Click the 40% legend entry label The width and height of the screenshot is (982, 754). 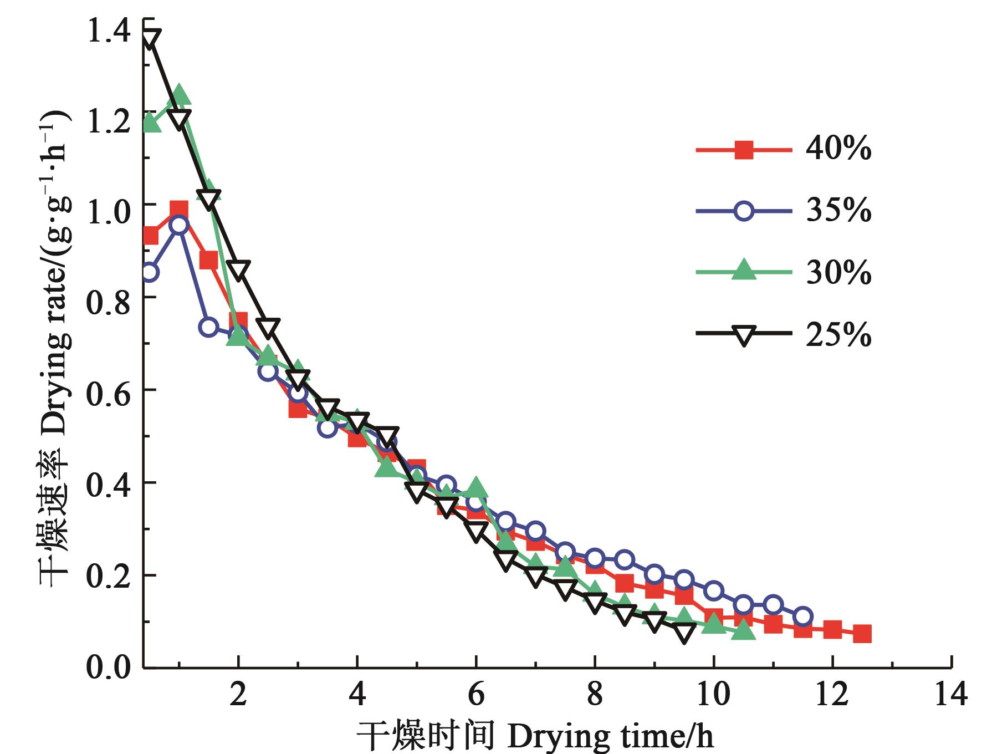(x=838, y=149)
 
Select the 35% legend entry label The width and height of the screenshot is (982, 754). (x=838, y=211)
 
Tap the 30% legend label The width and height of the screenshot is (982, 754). (x=838, y=273)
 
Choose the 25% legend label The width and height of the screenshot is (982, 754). (x=838, y=334)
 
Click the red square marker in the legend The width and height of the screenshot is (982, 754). (x=744, y=150)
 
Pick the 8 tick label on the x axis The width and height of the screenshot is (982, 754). (x=595, y=694)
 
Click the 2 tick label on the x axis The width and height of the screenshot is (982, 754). (x=238, y=694)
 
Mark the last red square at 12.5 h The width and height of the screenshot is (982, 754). (x=862, y=634)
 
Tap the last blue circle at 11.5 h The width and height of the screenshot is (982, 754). (x=802, y=616)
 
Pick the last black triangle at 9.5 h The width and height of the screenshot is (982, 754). (x=684, y=632)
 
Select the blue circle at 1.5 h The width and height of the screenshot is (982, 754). (x=208, y=327)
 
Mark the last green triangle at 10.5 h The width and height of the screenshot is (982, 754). (x=743, y=630)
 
